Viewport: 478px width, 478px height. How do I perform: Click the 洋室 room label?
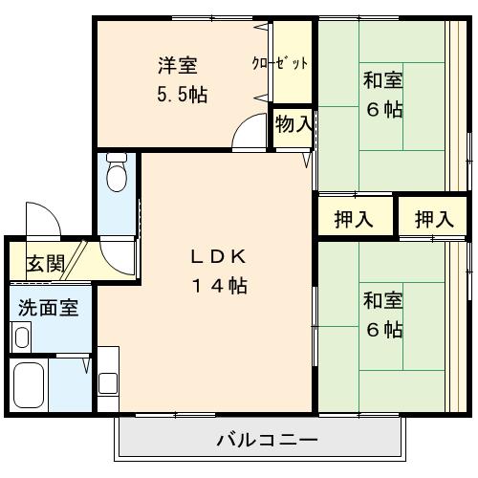(x=178, y=66)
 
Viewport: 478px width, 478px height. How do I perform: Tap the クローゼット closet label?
(x=280, y=64)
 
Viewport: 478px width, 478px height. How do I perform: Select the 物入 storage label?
(x=293, y=123)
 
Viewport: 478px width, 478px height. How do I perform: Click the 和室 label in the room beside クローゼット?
(x=382, y=80)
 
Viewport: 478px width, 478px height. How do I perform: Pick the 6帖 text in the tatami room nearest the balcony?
(x=382, y=330)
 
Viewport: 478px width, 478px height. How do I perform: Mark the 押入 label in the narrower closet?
(x=433, y=219)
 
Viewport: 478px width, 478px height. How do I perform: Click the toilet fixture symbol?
(x=118, y=173)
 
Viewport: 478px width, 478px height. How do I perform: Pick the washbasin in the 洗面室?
(x=21, y=336)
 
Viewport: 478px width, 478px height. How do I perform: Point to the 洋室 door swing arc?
(x=250, y=131)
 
